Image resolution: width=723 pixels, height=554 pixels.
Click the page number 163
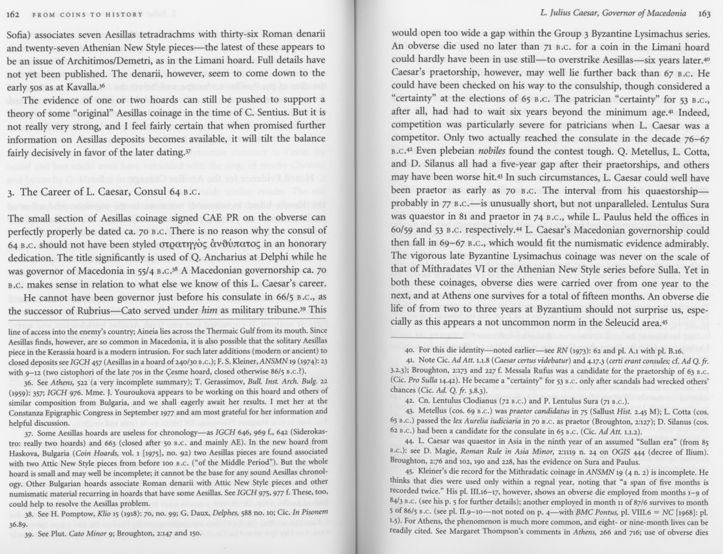(x=704, y=14)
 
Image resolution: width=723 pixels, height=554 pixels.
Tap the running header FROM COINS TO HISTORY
(x=88, y=15)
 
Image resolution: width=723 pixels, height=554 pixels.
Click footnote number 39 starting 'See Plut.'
(x=29, y=534)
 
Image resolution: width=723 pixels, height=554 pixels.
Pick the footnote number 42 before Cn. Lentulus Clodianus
(x=410, y=400)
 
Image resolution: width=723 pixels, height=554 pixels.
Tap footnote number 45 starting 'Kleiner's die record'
(x=411, y=472)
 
